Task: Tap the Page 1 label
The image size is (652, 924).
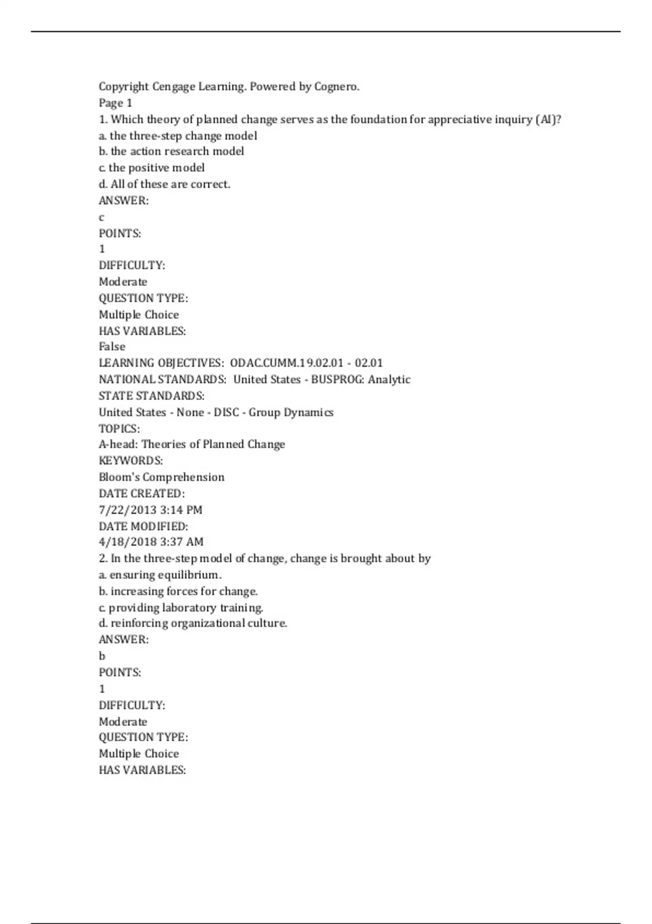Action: (x=115, y=103)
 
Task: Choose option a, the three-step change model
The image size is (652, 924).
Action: (x=178, y=135)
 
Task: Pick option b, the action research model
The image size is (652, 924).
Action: (x=171, y=151)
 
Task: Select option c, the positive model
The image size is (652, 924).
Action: (x=152, y=167)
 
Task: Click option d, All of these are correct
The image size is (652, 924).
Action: (x=164, y=184)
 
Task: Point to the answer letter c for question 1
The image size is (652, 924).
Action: (x=102, y=217)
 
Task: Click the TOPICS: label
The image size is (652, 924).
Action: (x=119, y=428)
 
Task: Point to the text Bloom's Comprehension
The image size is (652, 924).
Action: (x=161, y=477)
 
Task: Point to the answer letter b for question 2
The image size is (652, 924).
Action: (x=102, y=656)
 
